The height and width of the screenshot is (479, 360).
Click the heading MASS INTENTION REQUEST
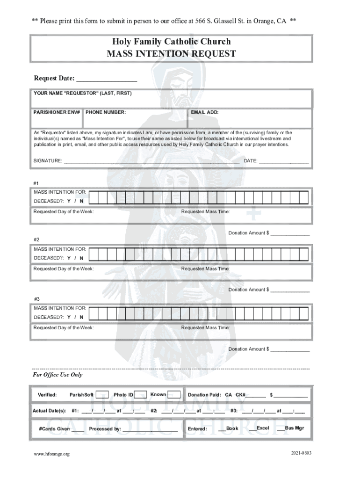[171, 54]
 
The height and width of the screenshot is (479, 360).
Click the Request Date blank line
[107, 78]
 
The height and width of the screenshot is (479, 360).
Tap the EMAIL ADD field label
[204, 112]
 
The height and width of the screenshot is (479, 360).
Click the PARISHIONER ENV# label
[57, 112]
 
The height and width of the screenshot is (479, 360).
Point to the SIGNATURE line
[151, 161]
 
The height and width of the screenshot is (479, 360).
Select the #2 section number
[37, 239]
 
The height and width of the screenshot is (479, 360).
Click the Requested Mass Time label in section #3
[205, 327]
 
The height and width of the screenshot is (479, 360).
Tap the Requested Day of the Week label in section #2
[63, 269]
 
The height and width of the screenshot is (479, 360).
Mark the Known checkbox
[174, 395]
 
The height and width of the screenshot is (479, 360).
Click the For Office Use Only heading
[57, 375]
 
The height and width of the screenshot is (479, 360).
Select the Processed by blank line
[150, 429]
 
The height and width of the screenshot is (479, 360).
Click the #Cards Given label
[54, 428]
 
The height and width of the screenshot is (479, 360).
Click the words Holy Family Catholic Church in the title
[171, 42]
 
